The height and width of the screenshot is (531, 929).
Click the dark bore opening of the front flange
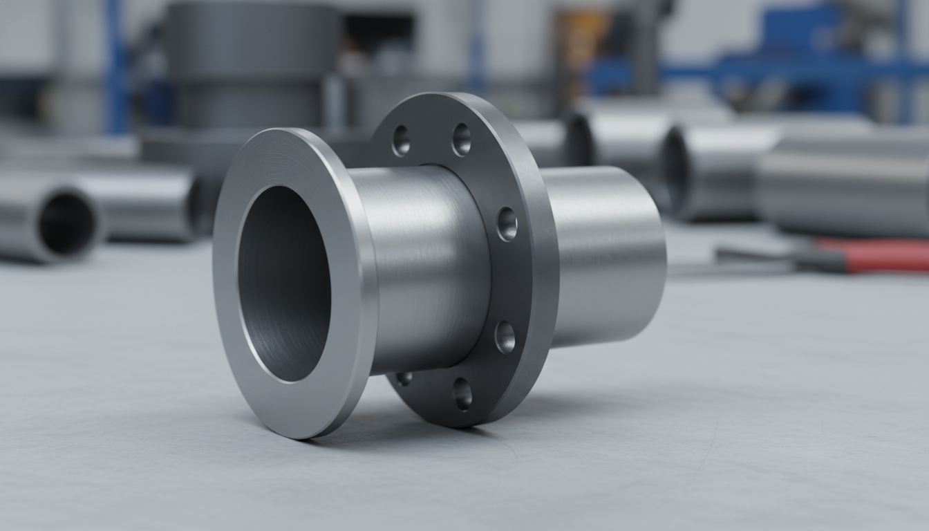coord(283,283)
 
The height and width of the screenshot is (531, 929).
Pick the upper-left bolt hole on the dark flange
coord(400,140)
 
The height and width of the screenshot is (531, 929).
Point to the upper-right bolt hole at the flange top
coord(461,140)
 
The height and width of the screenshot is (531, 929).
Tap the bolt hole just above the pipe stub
coord(507,224)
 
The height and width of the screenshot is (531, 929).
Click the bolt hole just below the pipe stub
coord(505,337)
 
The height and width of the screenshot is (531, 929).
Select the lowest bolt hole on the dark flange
coord(462,393)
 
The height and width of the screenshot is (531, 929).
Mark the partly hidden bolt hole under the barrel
coord(404,378)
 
